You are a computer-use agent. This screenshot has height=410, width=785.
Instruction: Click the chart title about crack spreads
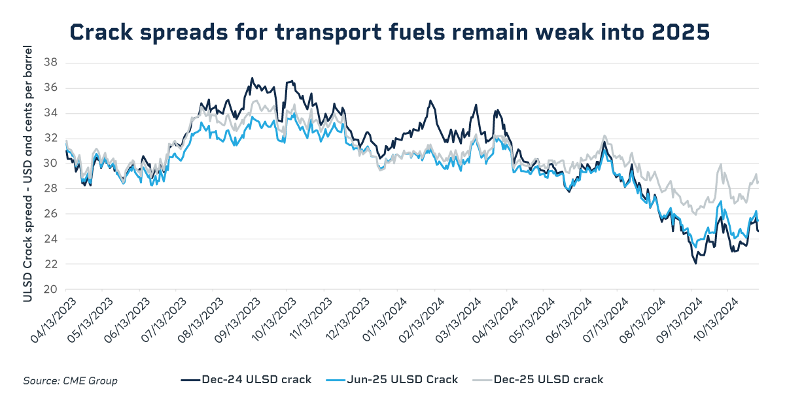389,31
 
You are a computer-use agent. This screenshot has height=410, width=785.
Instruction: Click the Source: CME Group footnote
71,381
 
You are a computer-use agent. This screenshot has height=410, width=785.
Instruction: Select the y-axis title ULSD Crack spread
27,173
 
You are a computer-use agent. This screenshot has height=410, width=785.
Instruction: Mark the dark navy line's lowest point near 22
695,264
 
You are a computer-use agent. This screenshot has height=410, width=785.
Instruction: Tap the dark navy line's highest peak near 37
252,78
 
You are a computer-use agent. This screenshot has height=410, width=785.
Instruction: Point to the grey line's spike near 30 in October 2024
721,165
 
